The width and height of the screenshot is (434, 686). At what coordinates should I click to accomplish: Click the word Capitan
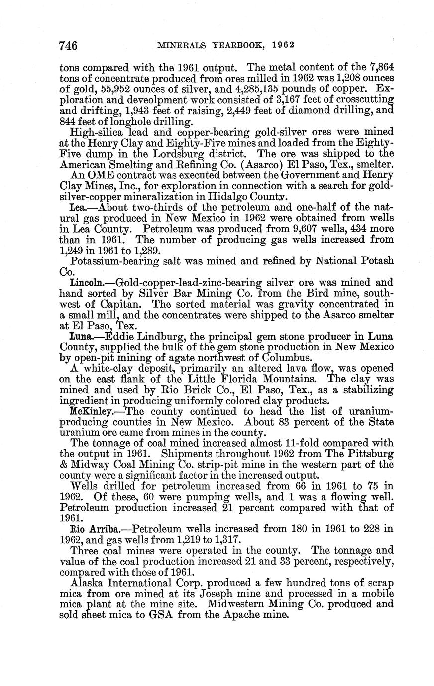125,304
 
